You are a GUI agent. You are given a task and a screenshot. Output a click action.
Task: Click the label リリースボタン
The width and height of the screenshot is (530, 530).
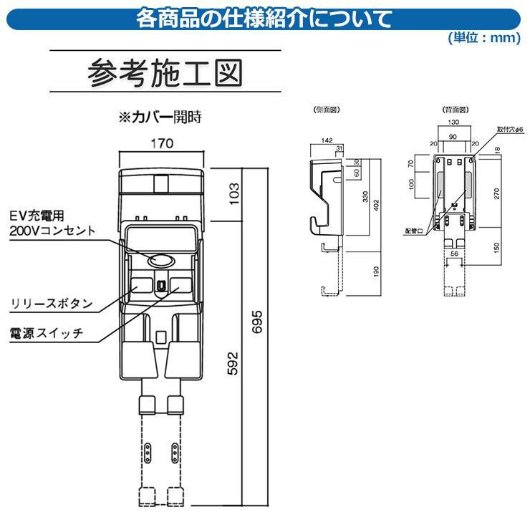pyautogui.click(x=52, y=303)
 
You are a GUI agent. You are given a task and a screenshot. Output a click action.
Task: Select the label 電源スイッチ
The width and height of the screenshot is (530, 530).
pyautogui.click(x=47, y=334)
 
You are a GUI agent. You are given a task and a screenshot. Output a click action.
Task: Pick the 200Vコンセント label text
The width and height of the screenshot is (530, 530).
pyautogui.click(x=52, y=231)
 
